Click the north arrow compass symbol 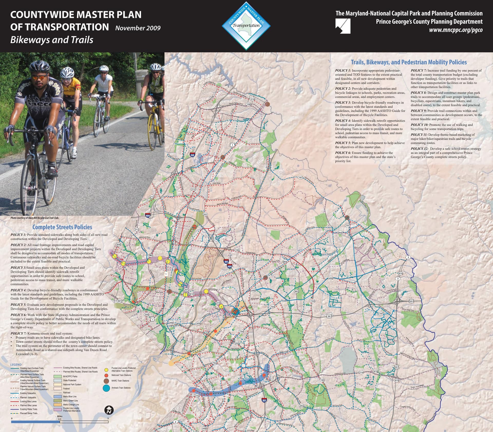(x=109, y=410)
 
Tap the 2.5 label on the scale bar (x=60, y=419)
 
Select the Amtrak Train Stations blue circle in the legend (x=106, y=388)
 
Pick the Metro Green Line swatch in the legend (x=58, y=401)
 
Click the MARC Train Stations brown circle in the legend (x=106, y=381)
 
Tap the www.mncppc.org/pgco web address (x=456, y=30)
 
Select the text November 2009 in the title (x=138, y=28)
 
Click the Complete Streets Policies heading (x=62, y=227)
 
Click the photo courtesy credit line (x=35, y=218)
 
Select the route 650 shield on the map (x=118, y=245)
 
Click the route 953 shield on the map (x=296, y=291)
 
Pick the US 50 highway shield (x=329, y=316)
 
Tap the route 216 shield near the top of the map (x=252, y=99)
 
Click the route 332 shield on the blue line (x=197, y=395)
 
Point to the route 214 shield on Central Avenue (x=361, y=372)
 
